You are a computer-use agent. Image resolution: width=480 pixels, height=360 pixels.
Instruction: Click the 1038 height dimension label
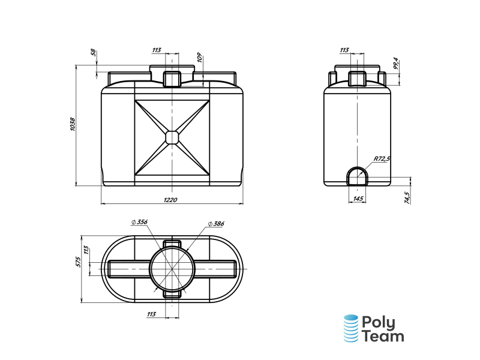pyautogui.click(x=73, y=124)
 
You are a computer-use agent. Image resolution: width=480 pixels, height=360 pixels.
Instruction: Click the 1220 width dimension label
pyautogui.click(x=170, y=200)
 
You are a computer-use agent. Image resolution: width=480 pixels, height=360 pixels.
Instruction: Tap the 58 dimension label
pyautogui.click(x=94, y=53)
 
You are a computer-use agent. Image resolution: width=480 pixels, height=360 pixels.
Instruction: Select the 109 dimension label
pyautogui.click(x=199, y=58)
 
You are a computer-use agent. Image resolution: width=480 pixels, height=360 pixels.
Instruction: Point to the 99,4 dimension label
pyautogui.click(x=396, y=64)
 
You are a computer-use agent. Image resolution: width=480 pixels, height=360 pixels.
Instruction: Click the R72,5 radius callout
pyautogui.click(x=382, y=158)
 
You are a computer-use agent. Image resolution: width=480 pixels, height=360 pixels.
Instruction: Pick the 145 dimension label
pyautogui.click(x=358, y=199)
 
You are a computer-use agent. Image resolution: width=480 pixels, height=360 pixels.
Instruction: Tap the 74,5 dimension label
pyautogui.click(x=407, y=198)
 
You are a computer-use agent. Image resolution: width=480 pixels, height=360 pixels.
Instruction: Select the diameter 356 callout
pyautogui.click(x=140, y=222)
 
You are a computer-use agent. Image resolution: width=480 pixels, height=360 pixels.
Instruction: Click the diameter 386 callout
pyautogui.click(x=216, y=224)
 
